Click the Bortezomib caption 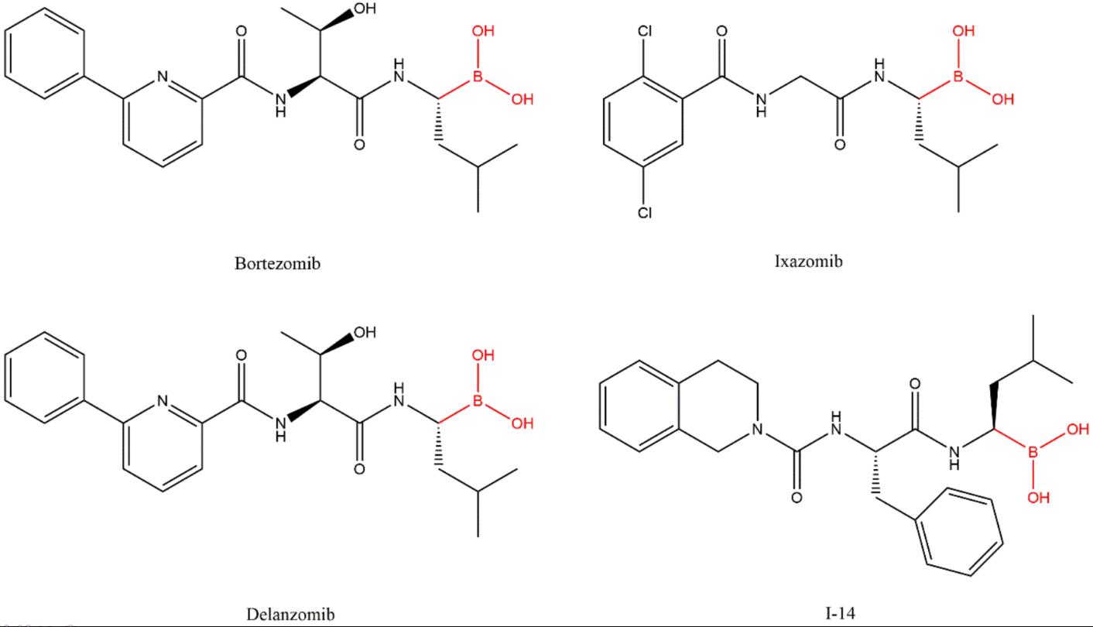[277, 263]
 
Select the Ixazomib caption [808, 261]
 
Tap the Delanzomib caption [290, 615]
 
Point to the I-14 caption [841, 613]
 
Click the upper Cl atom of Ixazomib [644, 32]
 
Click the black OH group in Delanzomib [364, 334]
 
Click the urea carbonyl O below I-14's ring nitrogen [797, 497]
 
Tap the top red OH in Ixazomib [964, 32]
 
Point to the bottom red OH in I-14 [1038, 497]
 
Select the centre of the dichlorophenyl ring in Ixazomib [644, 122]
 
